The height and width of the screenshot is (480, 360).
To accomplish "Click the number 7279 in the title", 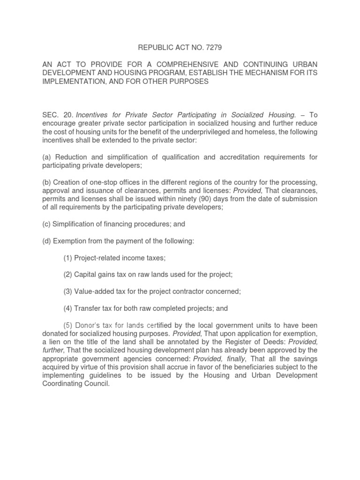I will [x=213, y=47].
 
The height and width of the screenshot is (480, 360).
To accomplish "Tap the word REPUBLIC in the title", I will [x=155, y=47].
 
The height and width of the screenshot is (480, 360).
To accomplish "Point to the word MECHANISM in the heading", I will [x=269, y=73].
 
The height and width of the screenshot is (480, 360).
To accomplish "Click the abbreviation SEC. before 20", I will [x=50, y=115].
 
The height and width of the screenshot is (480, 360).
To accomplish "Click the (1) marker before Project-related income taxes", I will [x=68, y=258].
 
